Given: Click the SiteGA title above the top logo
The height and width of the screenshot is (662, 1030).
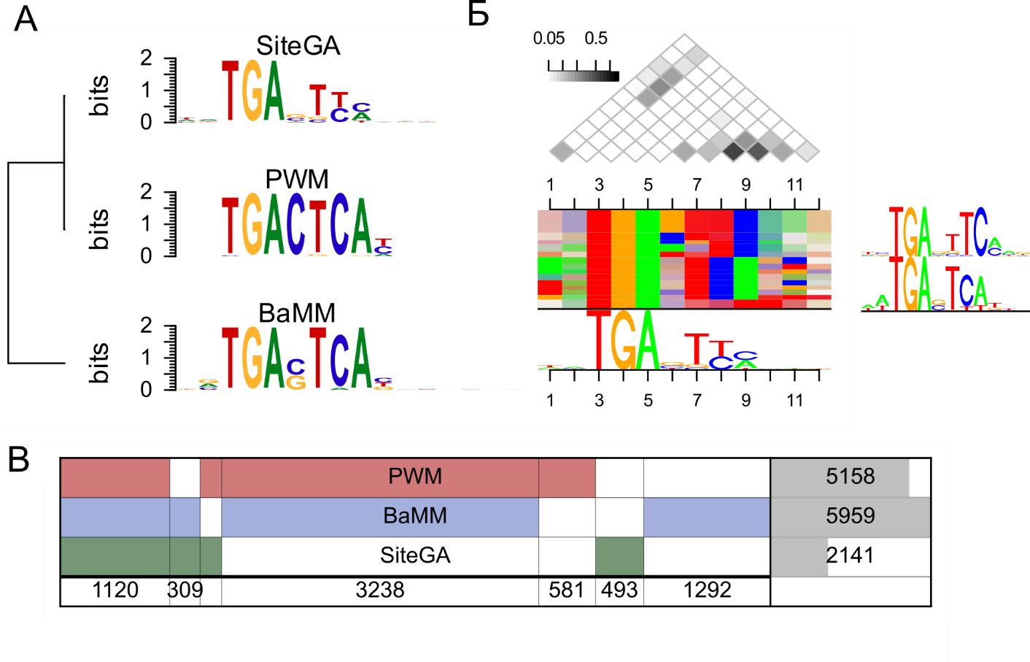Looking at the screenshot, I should (298, 46).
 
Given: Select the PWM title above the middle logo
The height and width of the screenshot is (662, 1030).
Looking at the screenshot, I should (297, 179).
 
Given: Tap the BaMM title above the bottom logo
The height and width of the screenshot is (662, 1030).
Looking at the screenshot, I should (297, 313).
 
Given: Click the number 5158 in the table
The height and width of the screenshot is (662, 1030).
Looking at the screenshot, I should (850, 477).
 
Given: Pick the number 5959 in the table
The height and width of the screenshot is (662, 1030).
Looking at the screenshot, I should (850, 516).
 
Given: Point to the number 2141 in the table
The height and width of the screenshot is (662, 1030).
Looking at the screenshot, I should (850, 555).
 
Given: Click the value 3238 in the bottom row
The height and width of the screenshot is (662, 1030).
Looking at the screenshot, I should (379, 590).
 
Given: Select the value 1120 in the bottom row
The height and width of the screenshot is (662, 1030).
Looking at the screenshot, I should (115, 590).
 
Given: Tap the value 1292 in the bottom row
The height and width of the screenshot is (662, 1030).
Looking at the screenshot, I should (707, 590).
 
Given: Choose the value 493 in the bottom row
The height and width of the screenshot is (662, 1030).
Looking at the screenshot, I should (619, 590).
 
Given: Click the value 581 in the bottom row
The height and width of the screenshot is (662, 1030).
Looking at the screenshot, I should (567, 590).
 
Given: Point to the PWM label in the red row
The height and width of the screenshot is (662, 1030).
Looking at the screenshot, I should (415, 477).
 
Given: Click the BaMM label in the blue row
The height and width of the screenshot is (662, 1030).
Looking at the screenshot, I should (415, 516).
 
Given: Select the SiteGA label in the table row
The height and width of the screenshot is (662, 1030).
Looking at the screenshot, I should (415, 555).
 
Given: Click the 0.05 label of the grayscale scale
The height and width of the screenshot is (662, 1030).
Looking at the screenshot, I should (549, 39).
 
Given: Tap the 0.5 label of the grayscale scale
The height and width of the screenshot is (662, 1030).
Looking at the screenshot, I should (596, 39).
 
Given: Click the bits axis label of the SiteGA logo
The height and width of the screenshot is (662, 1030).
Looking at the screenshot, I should (98, 96).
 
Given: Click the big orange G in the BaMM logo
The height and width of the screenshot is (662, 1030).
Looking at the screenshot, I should (252, 359).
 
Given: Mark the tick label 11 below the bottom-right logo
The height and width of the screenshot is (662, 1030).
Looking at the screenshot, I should (794, 401).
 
